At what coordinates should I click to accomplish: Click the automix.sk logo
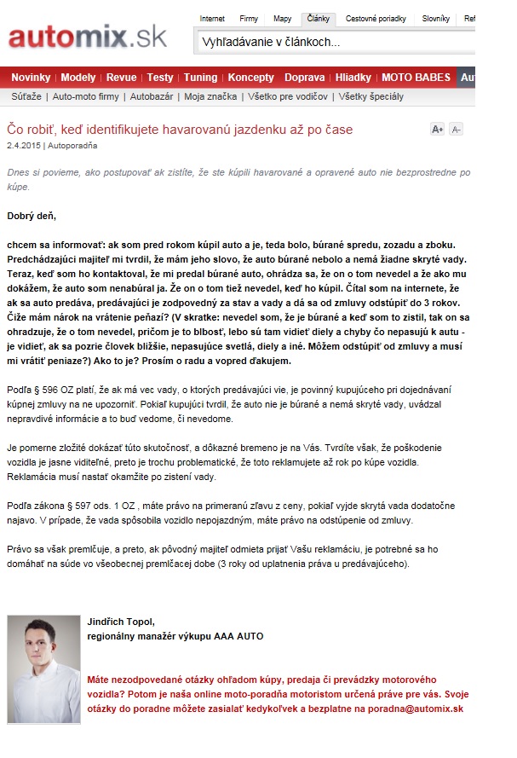[x=88, y=37]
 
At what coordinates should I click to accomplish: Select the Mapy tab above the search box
[x=282, y=19]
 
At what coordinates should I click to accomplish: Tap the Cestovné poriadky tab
[x=376, y=19]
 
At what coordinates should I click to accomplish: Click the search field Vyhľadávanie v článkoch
[x=332, y=42]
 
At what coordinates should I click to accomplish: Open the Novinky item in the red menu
[x=31, y=78]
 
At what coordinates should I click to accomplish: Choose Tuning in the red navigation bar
[x=200, y=78]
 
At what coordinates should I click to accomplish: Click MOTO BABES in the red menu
[x=416, y=78]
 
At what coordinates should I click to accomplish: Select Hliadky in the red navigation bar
[x=353, y=78]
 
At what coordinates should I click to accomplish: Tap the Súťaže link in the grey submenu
[x=26, y=96]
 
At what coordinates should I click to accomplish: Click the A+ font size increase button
[x=438, y=130]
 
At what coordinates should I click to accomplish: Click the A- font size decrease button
[x=456, y=130]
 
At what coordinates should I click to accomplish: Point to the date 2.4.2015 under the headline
[x=23, y=145]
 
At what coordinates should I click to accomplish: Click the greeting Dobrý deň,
[x=32, y=216]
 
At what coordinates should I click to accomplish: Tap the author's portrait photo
[x=43, y=668]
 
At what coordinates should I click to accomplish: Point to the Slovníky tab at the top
[x=436, y=19]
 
